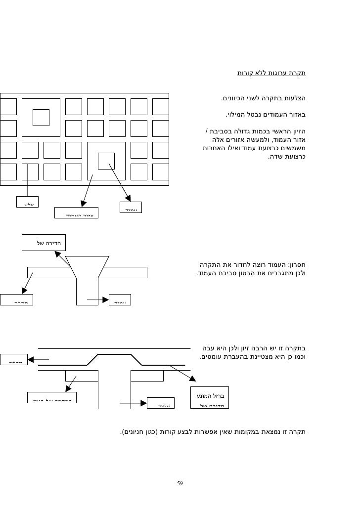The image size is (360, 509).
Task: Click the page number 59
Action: tap(180, 482)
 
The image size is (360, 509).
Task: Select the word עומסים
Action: tap(212, 356)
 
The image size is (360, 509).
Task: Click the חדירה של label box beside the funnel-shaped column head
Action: tap(44, 243)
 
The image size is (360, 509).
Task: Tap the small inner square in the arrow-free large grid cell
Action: tap(41, 117)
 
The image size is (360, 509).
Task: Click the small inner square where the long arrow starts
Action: tap(106, 161)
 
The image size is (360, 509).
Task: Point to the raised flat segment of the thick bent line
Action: tap(114, 354)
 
